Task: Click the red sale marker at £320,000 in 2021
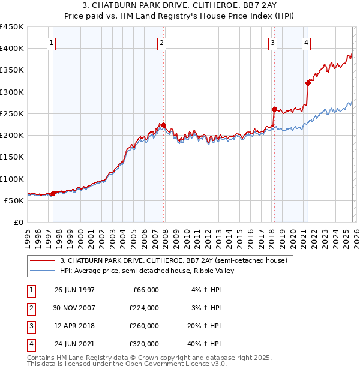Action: coord(308,83)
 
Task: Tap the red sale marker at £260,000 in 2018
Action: coord(274,109)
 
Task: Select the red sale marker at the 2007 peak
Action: coord(164,125)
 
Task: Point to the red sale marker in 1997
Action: coord(53,193)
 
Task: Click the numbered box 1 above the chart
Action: coord(52,43)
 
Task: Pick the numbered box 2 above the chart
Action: coord(162,43)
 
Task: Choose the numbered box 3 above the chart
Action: coord(272,43)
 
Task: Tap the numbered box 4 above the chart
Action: coord(306,43)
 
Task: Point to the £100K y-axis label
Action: coord(11,179)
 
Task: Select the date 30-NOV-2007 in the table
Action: coord(74,308)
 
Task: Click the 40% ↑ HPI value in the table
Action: coord(206,344)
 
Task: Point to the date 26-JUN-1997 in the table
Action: coord(74,290)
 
